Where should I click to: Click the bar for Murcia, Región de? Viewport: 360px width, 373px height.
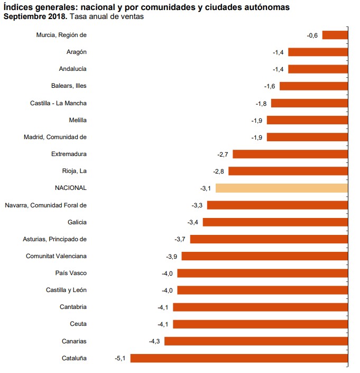(335, 35)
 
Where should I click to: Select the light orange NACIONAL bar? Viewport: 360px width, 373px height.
(282, 188)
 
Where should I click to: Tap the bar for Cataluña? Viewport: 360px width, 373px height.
(239, 358)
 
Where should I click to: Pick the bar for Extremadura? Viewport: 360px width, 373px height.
(290, 154)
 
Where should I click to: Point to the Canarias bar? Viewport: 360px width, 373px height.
(256, 341)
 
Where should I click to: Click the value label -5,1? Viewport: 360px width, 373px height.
(120, 358)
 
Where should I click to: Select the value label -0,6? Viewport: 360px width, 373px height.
(312, 35)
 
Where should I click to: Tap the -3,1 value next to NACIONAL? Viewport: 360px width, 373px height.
(206, 188)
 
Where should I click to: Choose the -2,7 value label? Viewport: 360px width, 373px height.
(223, 154)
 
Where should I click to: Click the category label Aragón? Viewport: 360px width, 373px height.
(77, 52)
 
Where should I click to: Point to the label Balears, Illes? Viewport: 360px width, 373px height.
(69, 86)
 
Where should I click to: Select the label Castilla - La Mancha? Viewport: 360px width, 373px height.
(58, 103)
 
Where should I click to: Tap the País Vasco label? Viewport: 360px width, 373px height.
(71, 273)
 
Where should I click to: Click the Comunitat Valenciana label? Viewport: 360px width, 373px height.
(56, 256)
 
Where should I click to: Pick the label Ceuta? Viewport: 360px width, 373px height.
(78, 324)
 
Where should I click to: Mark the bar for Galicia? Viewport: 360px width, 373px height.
(275, 222)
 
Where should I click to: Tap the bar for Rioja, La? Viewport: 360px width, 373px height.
(288, 171)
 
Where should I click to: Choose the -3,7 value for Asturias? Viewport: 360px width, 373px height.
(180, 239)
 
